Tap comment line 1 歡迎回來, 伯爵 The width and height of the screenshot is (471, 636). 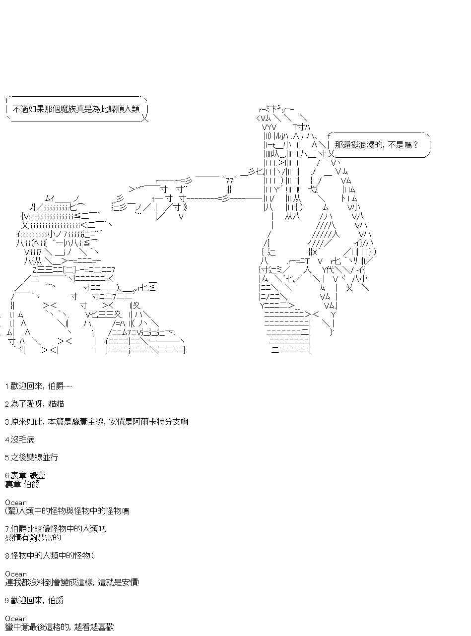[39, 386]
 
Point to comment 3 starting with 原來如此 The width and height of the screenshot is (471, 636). [96, 422]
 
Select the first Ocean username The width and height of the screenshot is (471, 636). [16, 503]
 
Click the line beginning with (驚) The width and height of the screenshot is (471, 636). [67, 511]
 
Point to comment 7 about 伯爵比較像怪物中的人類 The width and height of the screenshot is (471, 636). [55, 529]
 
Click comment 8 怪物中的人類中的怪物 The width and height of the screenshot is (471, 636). [49, 556]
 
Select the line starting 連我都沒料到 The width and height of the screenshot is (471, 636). [72, 582]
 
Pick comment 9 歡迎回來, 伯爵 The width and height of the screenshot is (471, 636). [34, 600]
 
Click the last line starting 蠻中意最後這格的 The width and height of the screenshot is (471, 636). [60, 627]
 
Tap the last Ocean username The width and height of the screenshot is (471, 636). [16, 619]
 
